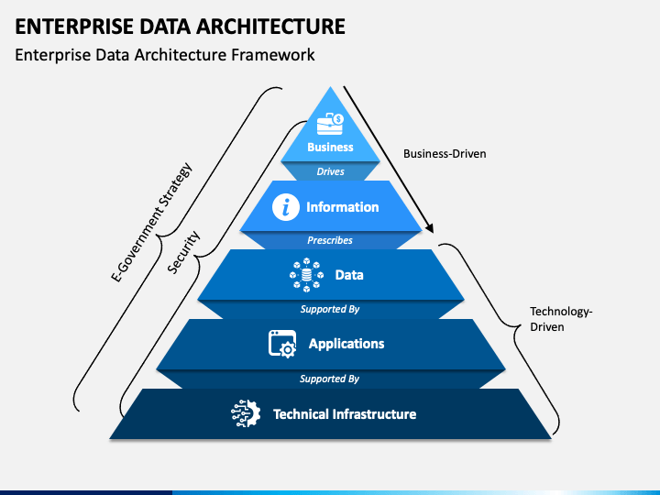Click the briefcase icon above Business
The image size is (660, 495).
click(x=330, y=123)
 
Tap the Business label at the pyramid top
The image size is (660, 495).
click(x=330, y=147)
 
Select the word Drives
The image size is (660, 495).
click(x=330, y=171)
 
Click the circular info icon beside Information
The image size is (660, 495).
click(x=286, y=207)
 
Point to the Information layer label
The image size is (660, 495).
click(x=342, y=207)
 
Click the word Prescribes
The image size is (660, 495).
click(x=330, y=240)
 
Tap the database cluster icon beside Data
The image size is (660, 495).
click(x=306, y=274)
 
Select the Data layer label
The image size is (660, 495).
click(x=349, y=275)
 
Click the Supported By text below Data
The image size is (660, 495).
click(x=330, y=309)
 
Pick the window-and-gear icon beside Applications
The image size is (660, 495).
click(x=281, y=344)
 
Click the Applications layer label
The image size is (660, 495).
click(x=346, y=344)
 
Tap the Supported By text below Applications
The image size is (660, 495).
click(x=330, y=378)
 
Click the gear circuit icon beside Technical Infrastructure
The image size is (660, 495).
click(x=245, y=414)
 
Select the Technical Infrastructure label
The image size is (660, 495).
click(x=345, y=414)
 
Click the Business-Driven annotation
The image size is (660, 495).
click(x=445, y=154)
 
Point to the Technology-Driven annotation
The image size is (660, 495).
click(x=561, y=319)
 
